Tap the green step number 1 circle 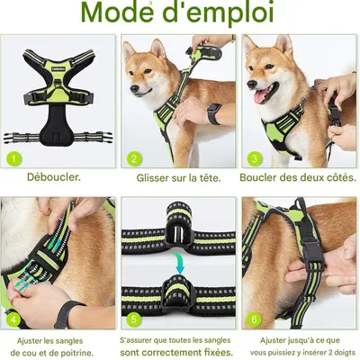(13, 159)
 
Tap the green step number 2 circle (133, 159)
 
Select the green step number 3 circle (254, 159)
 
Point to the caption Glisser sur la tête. (178, 177)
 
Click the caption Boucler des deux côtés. (299, 177)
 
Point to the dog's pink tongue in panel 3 (262, 95)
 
